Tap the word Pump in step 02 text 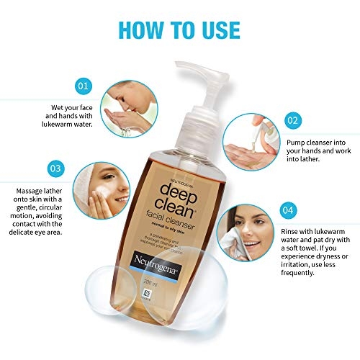297,142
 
